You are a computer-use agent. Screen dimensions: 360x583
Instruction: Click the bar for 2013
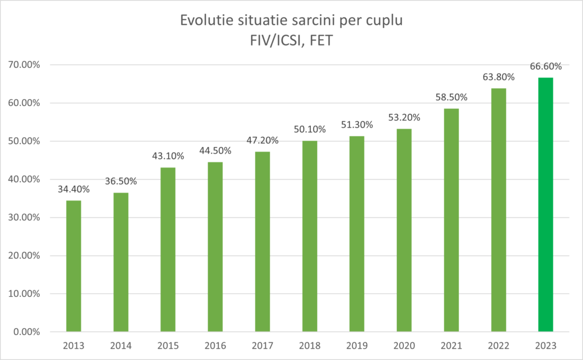point(73,266)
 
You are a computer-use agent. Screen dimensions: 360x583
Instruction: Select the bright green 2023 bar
point(545,204)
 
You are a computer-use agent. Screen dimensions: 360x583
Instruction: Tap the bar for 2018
point(310,236)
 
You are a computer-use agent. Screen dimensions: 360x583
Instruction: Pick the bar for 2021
point(451,220)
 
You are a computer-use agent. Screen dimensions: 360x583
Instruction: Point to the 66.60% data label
point(545,66)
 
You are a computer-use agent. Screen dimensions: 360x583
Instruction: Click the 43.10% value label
point(168,156)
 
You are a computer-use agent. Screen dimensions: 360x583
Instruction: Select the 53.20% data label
point(404,117)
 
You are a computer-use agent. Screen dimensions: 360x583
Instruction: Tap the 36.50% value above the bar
point(121,181)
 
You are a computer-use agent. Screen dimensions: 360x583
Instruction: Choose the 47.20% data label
point(262,140)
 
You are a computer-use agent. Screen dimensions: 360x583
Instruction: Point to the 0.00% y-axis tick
point(26,332)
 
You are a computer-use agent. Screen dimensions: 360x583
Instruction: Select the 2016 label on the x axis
point(215,345)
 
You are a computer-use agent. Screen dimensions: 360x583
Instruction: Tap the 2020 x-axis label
point(404,345)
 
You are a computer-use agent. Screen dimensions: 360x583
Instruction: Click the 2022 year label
point(498,345)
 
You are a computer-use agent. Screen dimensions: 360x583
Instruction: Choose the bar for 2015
point(168,249)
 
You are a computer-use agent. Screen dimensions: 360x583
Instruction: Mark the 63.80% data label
point(498,77)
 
